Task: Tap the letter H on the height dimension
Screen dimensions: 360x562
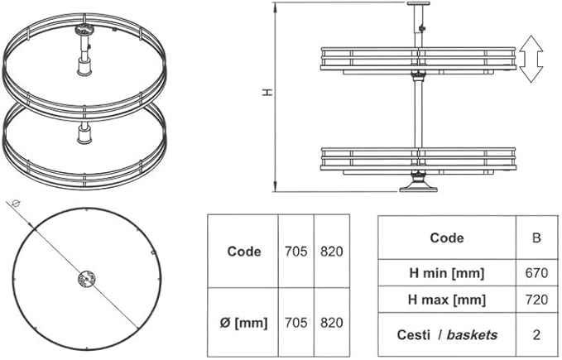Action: point(267,93)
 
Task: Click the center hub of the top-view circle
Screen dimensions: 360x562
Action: point(86,281)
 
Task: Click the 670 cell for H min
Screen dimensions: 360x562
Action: point(536,272)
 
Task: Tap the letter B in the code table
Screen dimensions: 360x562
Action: point(536,238)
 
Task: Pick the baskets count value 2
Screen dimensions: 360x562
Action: point(536,334)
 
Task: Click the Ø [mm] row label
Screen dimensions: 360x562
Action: point(243,323)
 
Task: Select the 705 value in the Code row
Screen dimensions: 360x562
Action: point(295,252)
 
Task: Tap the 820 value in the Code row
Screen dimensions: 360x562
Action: point(331,252)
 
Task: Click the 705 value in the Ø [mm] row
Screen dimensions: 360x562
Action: point(295,323)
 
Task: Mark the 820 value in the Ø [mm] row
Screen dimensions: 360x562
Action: point(331,323)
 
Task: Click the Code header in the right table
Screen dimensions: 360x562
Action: point(447,238)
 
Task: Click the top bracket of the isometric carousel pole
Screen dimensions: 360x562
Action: point(84,30)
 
